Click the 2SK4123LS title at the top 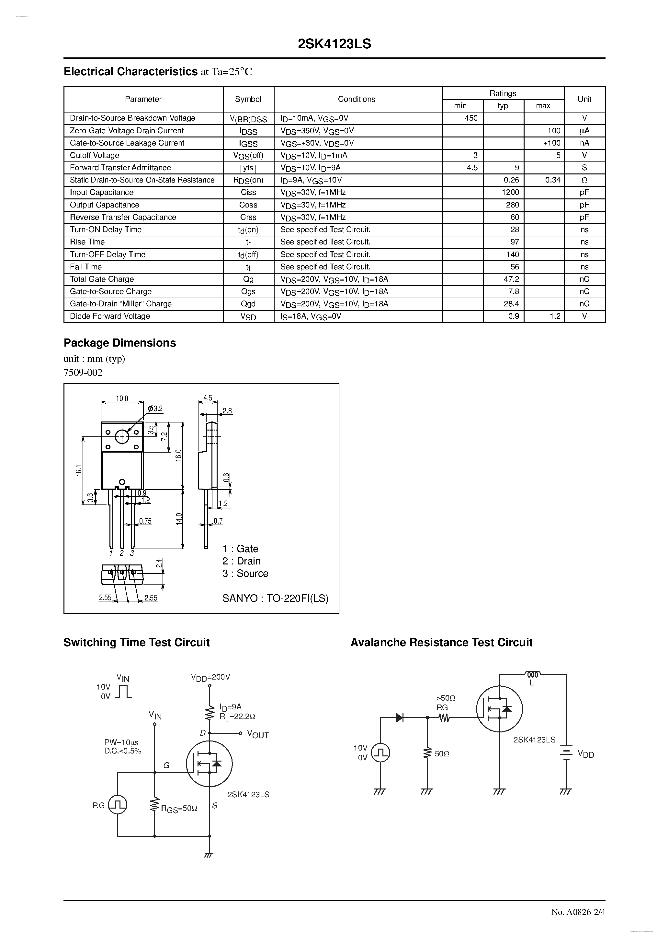[x=334, y=44]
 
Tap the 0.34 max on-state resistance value [x=552, y=180]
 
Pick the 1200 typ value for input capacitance [x=510, y=192]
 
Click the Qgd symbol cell [x=248, y=304]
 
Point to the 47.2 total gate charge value [x=511, y=279]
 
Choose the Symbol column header [x=248, y=99]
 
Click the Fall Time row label [x=86, y=267]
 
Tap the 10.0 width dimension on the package [x=122, y=398]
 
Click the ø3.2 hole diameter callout [x=155, y=409]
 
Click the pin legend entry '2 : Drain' [x=241, y=561]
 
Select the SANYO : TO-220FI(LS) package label [x=275, y=598]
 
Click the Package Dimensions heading [x=119, y=343]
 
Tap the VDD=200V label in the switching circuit [x=210, y=677]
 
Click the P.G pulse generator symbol [x=118, y=805]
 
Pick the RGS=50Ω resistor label [x=179, y=809]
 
